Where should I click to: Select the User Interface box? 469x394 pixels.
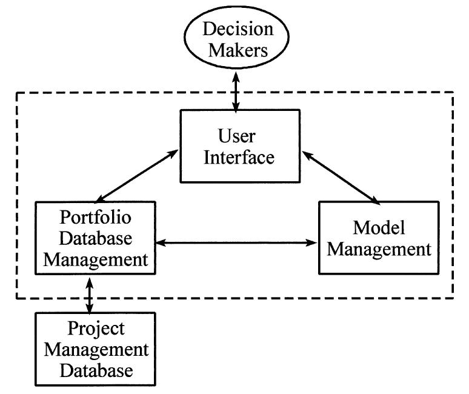pos(239,145)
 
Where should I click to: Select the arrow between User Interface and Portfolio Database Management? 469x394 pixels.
pos(136,176)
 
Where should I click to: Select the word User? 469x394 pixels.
pos(239,135)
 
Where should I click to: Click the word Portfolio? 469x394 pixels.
pos(96,217)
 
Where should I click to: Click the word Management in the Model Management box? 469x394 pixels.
pos(378,249)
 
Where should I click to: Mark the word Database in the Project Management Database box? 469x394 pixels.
pos(96,370)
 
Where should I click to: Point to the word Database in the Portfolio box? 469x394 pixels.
pos(96,239)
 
